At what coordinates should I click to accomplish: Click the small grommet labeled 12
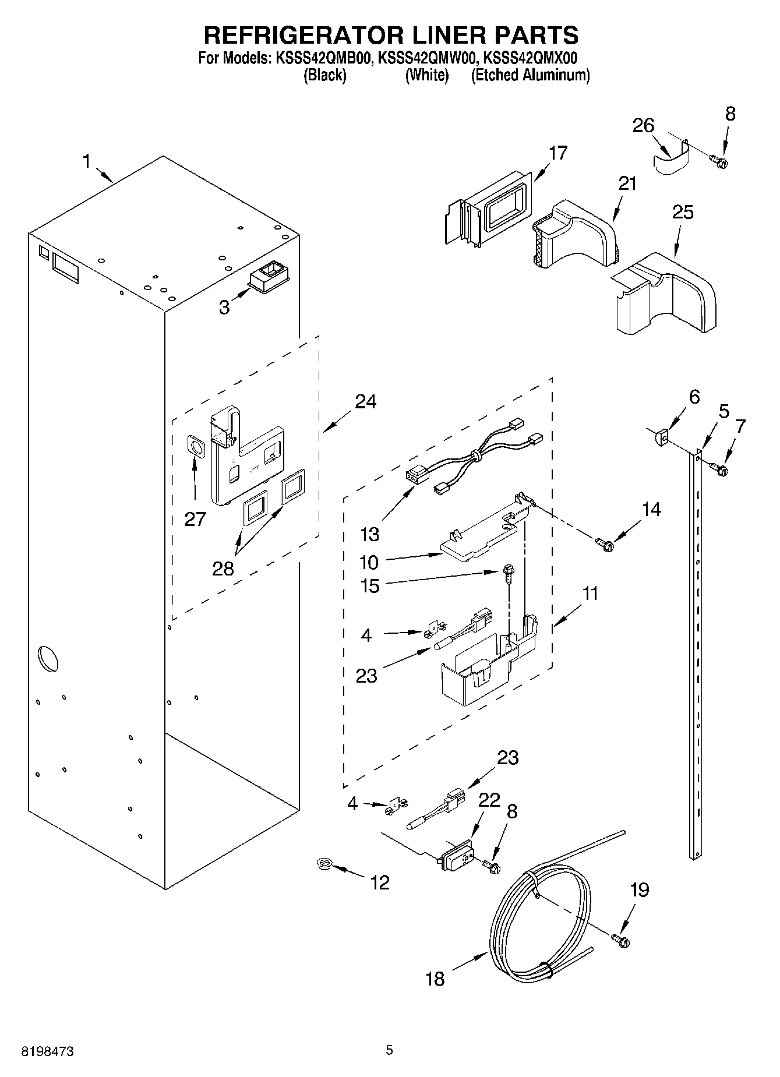pos(322,864)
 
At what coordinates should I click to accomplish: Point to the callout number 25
pos(683,213)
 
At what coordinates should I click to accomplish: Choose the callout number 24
pos(365,401)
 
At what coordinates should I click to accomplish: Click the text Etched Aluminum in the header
pos(530,75)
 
